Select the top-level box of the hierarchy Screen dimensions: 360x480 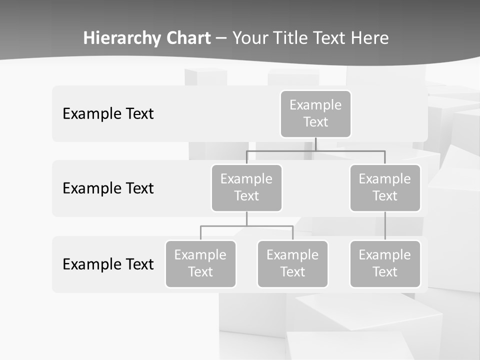coord(315,114)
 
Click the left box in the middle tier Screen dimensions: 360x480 coord(246,188)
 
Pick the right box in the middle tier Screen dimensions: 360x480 coord(385,188)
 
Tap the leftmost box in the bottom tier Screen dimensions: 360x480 coord(200,264)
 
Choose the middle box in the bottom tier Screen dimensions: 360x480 coord(292,264)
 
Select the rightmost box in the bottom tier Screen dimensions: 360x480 coord(385,264)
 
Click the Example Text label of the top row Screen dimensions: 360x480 coord(108,114)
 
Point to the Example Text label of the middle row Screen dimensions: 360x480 coord(108,188)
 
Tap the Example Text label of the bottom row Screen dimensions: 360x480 coord(108,264)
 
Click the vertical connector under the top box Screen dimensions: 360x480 coord(315,144)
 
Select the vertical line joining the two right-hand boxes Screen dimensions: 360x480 coord(385,226)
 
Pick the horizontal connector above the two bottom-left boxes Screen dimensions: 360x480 coord(246,226)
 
